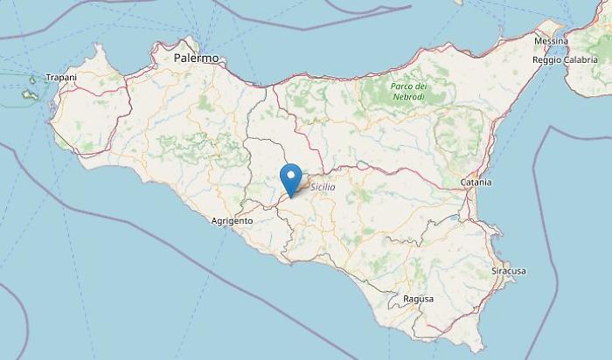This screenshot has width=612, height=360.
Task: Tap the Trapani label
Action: click(x=62, y=77)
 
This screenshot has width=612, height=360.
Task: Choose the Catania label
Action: click(x=476, y=182)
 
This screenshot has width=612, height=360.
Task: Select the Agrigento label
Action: click(x=232, y=221)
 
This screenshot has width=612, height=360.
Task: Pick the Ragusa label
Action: click(x=419, y=299)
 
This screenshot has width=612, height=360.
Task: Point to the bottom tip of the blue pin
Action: click(x=290, y=196)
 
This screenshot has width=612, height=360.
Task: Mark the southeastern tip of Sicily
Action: click(x=480, y=347)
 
